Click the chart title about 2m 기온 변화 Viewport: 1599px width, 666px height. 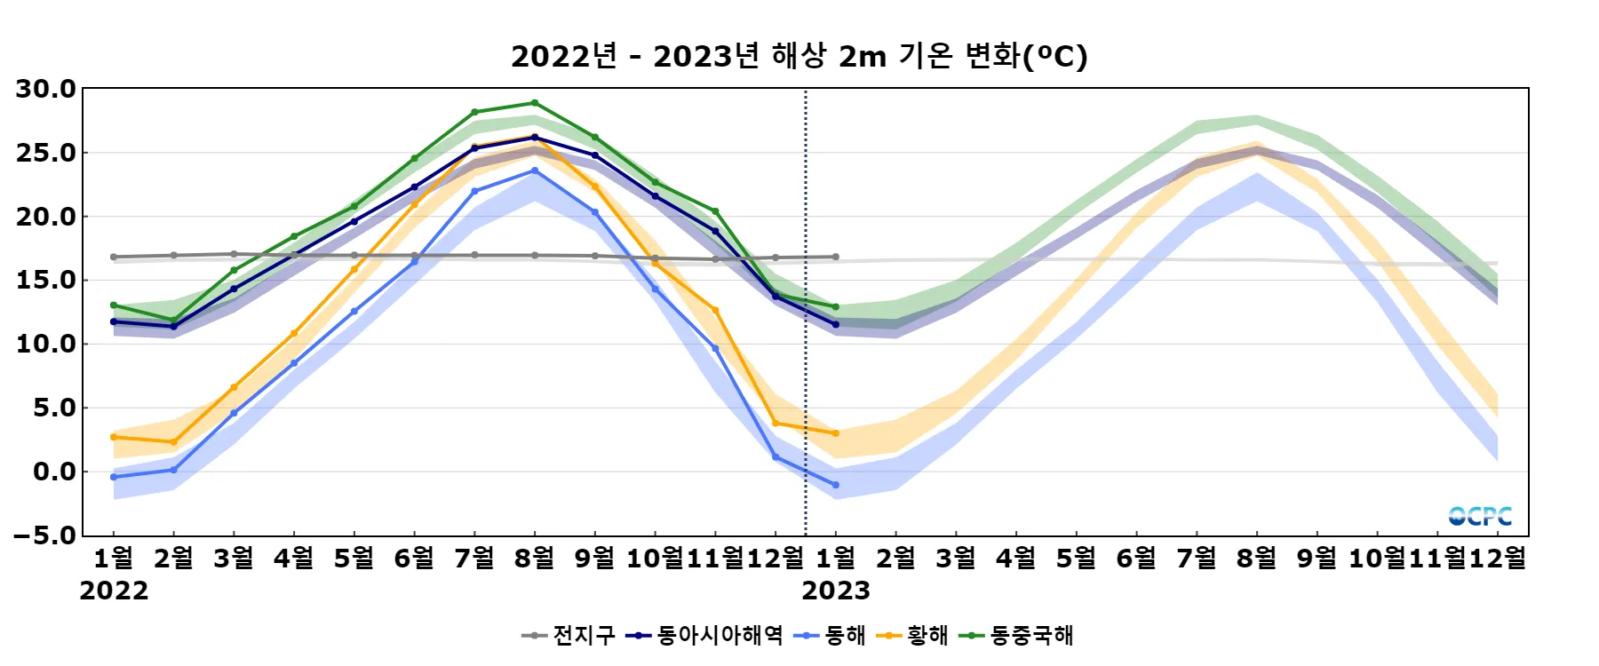[x=799, y=56]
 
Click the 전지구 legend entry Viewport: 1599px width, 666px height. [x=569, y=635]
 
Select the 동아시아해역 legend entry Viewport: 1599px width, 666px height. [x=704, y=635]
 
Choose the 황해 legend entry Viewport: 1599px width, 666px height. [x=912, y=635]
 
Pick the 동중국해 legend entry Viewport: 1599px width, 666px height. [x=1018, y=635]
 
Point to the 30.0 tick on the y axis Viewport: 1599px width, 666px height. [x=46, y=89]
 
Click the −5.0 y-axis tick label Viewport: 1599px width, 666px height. [x=45, y=535]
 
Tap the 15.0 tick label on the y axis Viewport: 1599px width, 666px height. [x=46, y=281]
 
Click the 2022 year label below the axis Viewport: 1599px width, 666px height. [x=114, y=591]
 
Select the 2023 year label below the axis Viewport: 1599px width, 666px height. [x=836, y=591]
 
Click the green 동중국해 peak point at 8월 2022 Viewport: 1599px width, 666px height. [x=535, y=103]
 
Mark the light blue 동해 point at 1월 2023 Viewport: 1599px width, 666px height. [x=836, y=485]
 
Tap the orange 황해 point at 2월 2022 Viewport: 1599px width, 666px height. [x=173, y=442]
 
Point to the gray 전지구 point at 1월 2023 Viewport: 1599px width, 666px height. [x=836, y=257]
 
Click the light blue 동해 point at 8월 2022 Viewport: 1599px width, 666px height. [x=535, y=170]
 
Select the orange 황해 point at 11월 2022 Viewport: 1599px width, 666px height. [x=715, y=310]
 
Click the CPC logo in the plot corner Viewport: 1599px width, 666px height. [x=1479, y=516]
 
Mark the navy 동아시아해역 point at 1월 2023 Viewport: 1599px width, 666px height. [x=836, y=324]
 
